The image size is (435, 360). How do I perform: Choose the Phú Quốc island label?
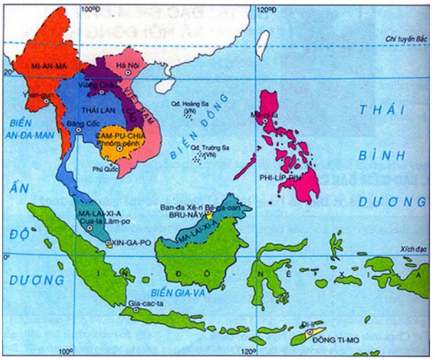coord(104,169)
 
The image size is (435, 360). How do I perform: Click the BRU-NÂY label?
coord(190,212)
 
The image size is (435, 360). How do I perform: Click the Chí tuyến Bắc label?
coord(404,38)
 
